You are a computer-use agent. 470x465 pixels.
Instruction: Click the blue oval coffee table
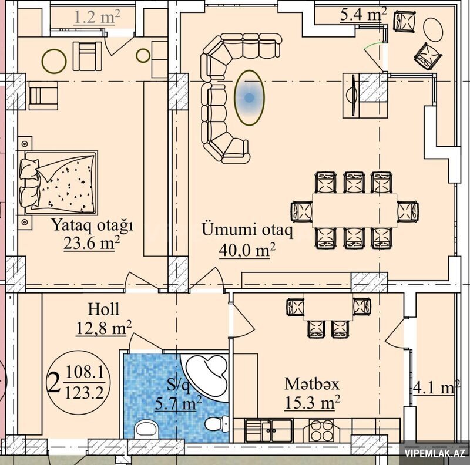tap(249, 97)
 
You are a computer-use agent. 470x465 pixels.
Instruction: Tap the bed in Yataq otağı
tap(59, 183)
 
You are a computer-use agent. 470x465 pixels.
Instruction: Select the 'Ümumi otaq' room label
tap(247, 230)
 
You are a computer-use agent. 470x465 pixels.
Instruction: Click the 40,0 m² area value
tap(247, 250)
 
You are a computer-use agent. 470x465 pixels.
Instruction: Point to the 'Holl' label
tap(103, 309)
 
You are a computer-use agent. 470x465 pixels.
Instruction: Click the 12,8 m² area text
tap(104, 328)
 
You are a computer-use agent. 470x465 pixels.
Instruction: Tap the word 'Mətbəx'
tap(312, 384)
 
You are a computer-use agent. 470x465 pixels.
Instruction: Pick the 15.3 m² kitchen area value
tap(312, 402)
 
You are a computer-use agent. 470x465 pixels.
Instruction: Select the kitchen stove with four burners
tap(321, 430)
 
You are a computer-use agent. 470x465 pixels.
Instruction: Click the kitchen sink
tap(268, 430)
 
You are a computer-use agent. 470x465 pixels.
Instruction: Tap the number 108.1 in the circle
tap(85, 372)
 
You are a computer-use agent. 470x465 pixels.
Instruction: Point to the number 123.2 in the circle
tap(85, 392)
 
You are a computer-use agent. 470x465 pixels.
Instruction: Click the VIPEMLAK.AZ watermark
tap(435, 453)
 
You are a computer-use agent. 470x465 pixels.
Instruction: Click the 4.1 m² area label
tap(437, 388)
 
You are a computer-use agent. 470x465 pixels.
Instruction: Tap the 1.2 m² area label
tap(96, 17)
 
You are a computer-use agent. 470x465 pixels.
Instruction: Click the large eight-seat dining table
tap(355, 211)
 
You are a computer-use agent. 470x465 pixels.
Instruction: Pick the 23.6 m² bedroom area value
tap(92, 243)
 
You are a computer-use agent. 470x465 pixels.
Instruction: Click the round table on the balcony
tap(433, 29)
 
